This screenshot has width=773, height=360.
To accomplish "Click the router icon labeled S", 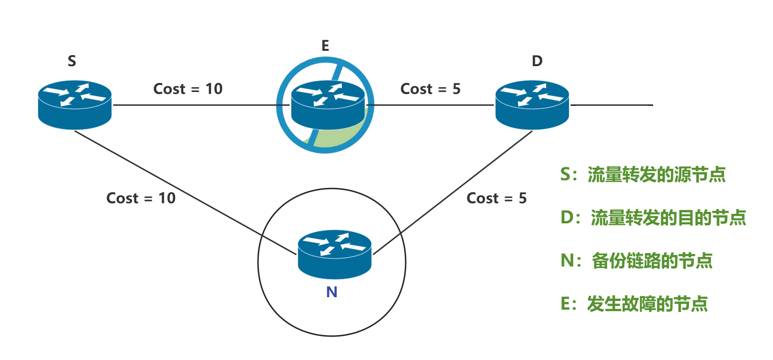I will click(x=75, y=105).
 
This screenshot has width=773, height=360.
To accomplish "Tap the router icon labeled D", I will click(x=532, y=105).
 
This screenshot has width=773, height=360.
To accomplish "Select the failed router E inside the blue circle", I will click(x=328, y=105).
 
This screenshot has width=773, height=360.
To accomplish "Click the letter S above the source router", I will click(x=72, y=61).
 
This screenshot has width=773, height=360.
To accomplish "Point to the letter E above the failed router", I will click(x=325, y=46).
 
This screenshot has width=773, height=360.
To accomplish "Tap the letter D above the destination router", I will click(x=537, y=61).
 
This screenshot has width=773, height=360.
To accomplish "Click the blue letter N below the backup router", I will click(x=332, y=292).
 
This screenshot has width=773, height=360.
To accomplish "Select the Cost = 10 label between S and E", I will click(x=188, y=89).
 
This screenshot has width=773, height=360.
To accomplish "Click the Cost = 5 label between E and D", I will click(x=430, y=89).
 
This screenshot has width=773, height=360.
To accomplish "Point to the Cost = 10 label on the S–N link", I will click(x=141, y=198).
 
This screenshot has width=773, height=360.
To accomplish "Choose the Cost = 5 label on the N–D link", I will click(x=496, y=198).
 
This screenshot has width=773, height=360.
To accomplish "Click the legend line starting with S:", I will click(x=643, y=174).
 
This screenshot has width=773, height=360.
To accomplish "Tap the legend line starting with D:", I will click(x=653, y=218).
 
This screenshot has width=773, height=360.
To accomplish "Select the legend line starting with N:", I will click(x=636, y=261).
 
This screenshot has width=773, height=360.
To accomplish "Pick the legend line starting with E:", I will click(x=634, y=304).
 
